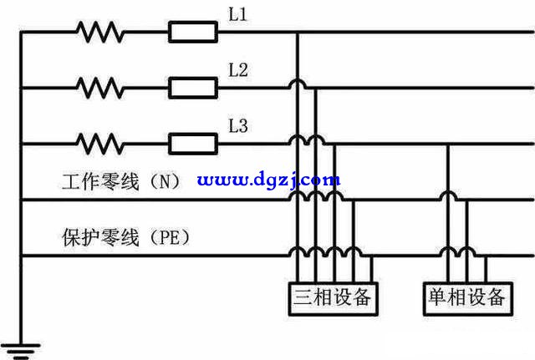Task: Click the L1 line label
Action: tap(237, 15)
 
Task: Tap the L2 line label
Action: tap(237, 70)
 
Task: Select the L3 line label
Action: tap(237, 126)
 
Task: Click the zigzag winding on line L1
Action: tap(100, 32)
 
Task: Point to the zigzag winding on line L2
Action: tap(100, 88)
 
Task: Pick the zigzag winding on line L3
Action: tap(100, 144)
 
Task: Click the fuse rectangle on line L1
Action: tap(193, 32)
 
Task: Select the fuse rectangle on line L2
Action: tap(193, 88)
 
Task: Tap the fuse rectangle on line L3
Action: tap(193, 144)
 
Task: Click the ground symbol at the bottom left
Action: tap(21, 351)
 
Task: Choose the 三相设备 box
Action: tap(333, 299)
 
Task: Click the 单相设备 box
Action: tap(468, 299)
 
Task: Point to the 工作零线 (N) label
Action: tap(121, 181)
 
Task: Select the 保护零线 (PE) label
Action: tap(125, 237)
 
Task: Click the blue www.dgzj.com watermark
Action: tap(268, 180)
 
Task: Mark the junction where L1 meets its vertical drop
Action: tap(298, 32)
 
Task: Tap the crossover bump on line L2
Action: tap(298, 84)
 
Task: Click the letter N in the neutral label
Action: tap(165, 182)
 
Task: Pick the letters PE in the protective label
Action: tap(170, 237)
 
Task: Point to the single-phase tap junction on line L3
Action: tap(448, 144)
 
